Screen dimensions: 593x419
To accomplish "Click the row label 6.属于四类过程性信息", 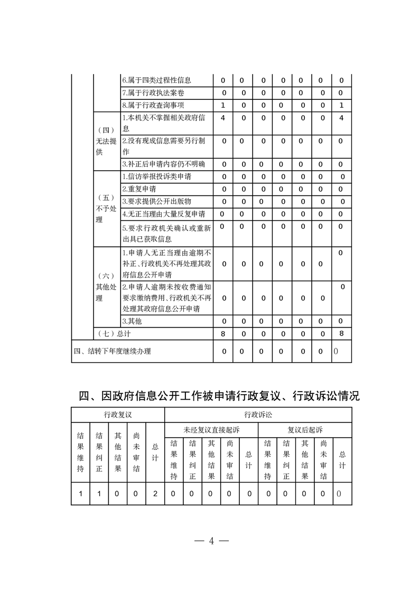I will pos(156,80).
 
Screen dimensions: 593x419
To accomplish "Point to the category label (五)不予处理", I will pos(106,208).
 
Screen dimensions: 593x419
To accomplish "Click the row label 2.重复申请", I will pos(139,189).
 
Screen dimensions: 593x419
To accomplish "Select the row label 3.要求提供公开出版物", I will pos(156,201).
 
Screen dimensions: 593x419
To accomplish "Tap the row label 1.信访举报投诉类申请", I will pos(160,177).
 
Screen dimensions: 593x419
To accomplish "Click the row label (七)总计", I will pos(114,333).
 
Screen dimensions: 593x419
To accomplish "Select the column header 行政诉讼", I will pos(258,415).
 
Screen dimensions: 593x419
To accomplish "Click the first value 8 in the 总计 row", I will pos(223,333).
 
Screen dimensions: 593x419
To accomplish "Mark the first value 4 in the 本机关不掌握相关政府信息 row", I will pos(223,118).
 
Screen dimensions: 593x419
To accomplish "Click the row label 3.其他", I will pos(132,321).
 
